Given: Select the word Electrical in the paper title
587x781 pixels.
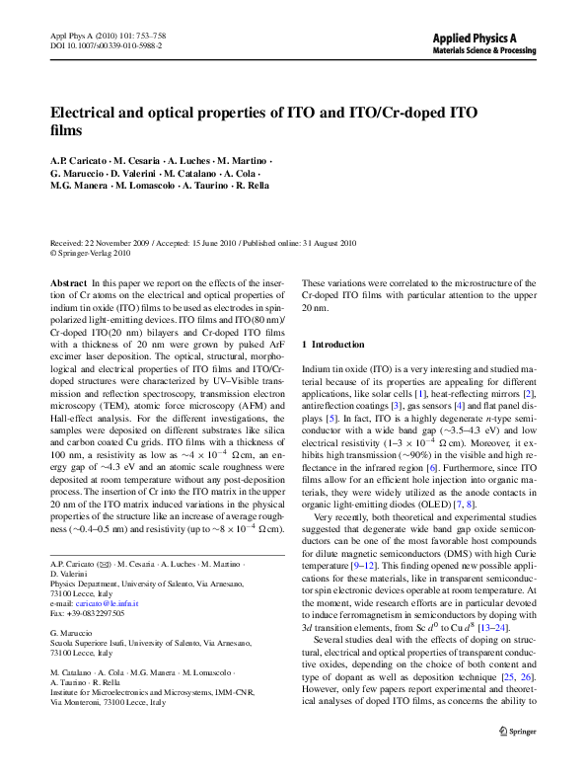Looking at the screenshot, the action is point(87,113).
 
